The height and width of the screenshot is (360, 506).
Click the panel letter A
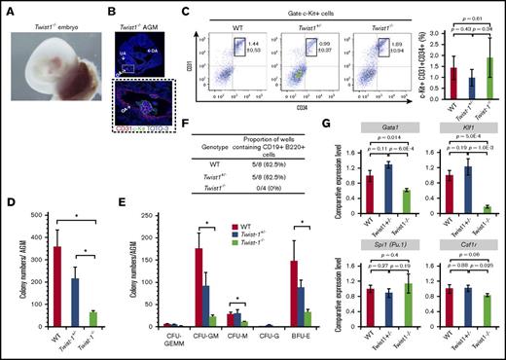(x=7, y=8)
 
